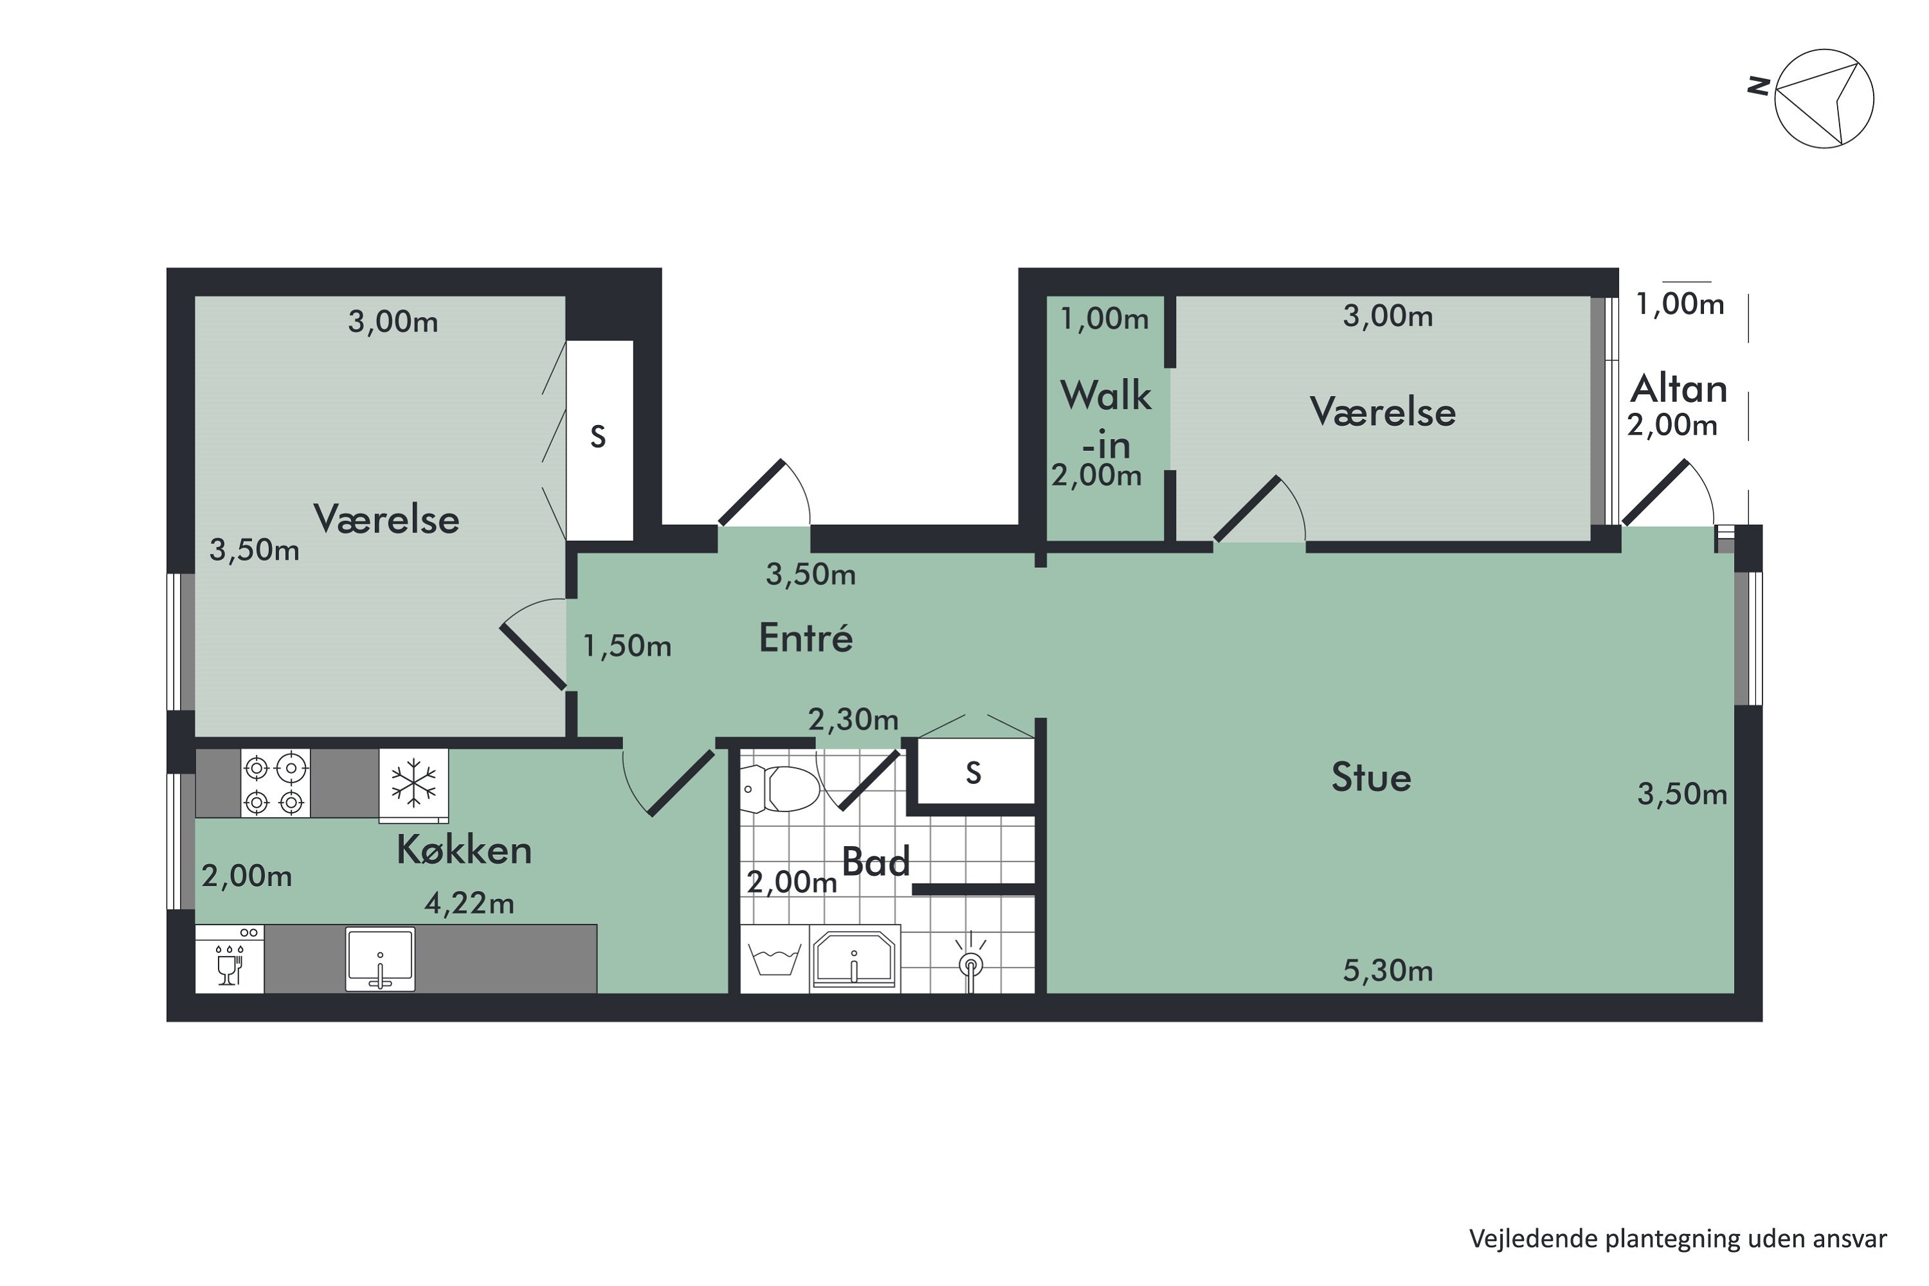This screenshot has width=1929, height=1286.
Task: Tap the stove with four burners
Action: coord(275,783)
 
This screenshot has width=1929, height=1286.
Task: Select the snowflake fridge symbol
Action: coord(413,784)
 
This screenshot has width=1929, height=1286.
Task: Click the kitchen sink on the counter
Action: coord(380,958)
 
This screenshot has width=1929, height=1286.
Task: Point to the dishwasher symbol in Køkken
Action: coord(230,959)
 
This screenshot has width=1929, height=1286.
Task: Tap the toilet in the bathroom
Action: coord(779,789)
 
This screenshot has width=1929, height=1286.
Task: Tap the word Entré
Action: coord(806,637)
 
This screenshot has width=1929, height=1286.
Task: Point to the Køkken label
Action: coord(464,849)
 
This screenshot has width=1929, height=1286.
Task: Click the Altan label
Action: coord(1678,389)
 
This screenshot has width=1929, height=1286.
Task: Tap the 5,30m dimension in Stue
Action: coord(1388,971)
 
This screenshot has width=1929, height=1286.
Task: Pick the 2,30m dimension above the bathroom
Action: coord(853,720)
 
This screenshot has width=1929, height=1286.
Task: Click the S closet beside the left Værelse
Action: coord(599,440)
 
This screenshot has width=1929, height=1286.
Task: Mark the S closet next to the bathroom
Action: coord(974,772)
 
